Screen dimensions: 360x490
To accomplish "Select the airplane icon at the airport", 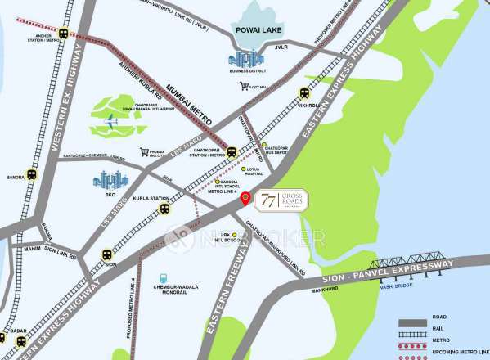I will pyautogui.click(x=111, y=123).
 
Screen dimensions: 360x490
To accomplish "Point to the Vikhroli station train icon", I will pyautogui.click(x=305, y=93).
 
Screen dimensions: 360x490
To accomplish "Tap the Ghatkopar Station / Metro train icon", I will pyautogui.click(x=232, y=151).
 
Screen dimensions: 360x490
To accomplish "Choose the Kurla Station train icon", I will pyautogui.click(x=164, y=209).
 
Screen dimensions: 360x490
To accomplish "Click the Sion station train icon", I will pyautogui.click(x=107, y=254).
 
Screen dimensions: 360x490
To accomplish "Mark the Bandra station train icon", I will pyautogui.click(x=32, y=174).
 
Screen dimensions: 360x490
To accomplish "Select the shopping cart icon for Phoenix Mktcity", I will pyautogui.click(x=145, y=152).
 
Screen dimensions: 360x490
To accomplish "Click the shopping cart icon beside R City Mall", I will pyautogui.click(x=244, y=86).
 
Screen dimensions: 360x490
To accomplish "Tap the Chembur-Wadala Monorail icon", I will pyautogui.click(x=164, y=279).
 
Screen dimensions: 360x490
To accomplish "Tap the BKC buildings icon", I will pyautogui.click(x=110, y=180).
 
